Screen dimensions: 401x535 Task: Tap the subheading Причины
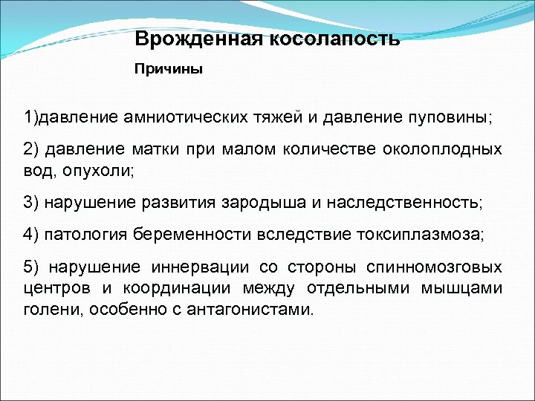click(168, 69)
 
